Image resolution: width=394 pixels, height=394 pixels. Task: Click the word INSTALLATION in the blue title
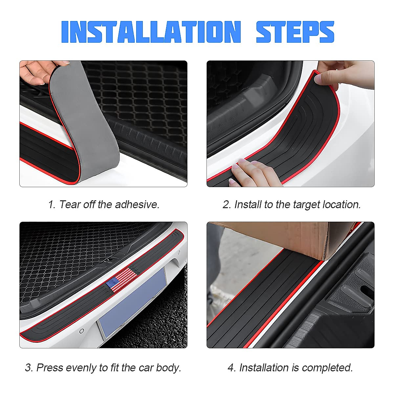pyautogui.click(x=151, y=32)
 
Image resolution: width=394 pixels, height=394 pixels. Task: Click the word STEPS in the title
pyautogui.click(x=295, y=32)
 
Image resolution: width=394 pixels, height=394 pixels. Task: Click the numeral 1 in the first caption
pyautogui.click(x=51, y=205)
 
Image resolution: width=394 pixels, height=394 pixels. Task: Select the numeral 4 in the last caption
pyautogui.click(x=231, y=367)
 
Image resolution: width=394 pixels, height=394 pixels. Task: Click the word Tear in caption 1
pyautogui.click(x=70, y=205)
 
